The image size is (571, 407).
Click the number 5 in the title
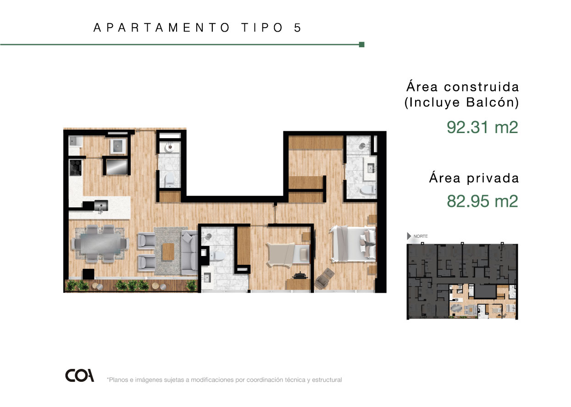pyautogui.click(x=298, y=28)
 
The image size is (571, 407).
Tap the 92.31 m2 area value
pyautogui.click(x=482, y=127)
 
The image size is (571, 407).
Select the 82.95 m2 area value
pyautogui.click(x=482, y=201)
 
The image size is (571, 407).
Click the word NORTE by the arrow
pyautogui.click(x=421, y=236)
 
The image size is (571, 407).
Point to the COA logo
pyautogui.click(x=80, y=375)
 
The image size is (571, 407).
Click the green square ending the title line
pyautogui.click(x=361, y=45)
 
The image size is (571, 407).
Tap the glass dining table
pyautogui.click(x=100, y=244)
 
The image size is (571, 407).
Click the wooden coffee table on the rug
pyautogui.click(x=168, y=252)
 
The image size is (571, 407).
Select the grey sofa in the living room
pyautogui.click(x=189, y=252)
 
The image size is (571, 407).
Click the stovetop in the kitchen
pyautogui.click(x=76, y=167)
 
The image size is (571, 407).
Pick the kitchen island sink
pyautogui.click(x=101, y=206)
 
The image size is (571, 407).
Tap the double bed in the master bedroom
pyautogui.click(x=353, y=244)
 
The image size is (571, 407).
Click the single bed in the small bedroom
pyautogui.click(x=288, y=255)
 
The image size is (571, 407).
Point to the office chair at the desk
pyautogui.click(x=300, y=276)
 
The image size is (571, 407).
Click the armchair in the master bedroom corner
pyautogui.click(x=325, y=279)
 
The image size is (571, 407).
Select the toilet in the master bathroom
pyautogui.click(x=368, y=190)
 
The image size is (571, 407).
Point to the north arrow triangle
pyautogui.click(x=409, y=236)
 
